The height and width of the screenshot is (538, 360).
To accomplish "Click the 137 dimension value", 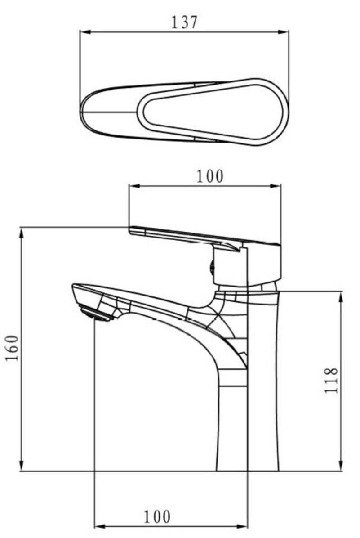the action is (184, 22).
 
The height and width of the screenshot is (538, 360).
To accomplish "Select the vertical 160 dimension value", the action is (12, 348).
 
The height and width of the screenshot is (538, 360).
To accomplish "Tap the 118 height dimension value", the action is (331, 381).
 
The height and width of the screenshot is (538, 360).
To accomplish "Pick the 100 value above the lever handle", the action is (210, 176).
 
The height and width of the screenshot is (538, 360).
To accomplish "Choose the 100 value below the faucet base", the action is (157, 517).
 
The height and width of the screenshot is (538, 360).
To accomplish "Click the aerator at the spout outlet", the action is (96, 313).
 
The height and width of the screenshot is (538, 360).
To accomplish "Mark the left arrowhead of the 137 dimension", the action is (84, 32).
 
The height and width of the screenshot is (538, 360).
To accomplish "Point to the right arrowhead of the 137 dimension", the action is (284, 32).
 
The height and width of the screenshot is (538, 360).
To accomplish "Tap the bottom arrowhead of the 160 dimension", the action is (21, 466).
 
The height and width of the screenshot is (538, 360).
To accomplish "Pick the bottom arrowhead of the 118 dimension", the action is (341, 466).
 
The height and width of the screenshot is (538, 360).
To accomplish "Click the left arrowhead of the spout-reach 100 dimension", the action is (99, 526).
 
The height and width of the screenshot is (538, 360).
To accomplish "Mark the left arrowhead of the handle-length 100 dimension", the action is (134, 186).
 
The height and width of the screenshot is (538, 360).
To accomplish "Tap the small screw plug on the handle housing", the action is (212, 267).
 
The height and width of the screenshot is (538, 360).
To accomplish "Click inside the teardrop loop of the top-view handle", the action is (213, 112).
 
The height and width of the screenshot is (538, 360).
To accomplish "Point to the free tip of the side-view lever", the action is (130, 230).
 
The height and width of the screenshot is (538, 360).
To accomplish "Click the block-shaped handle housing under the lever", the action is (247, 264).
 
